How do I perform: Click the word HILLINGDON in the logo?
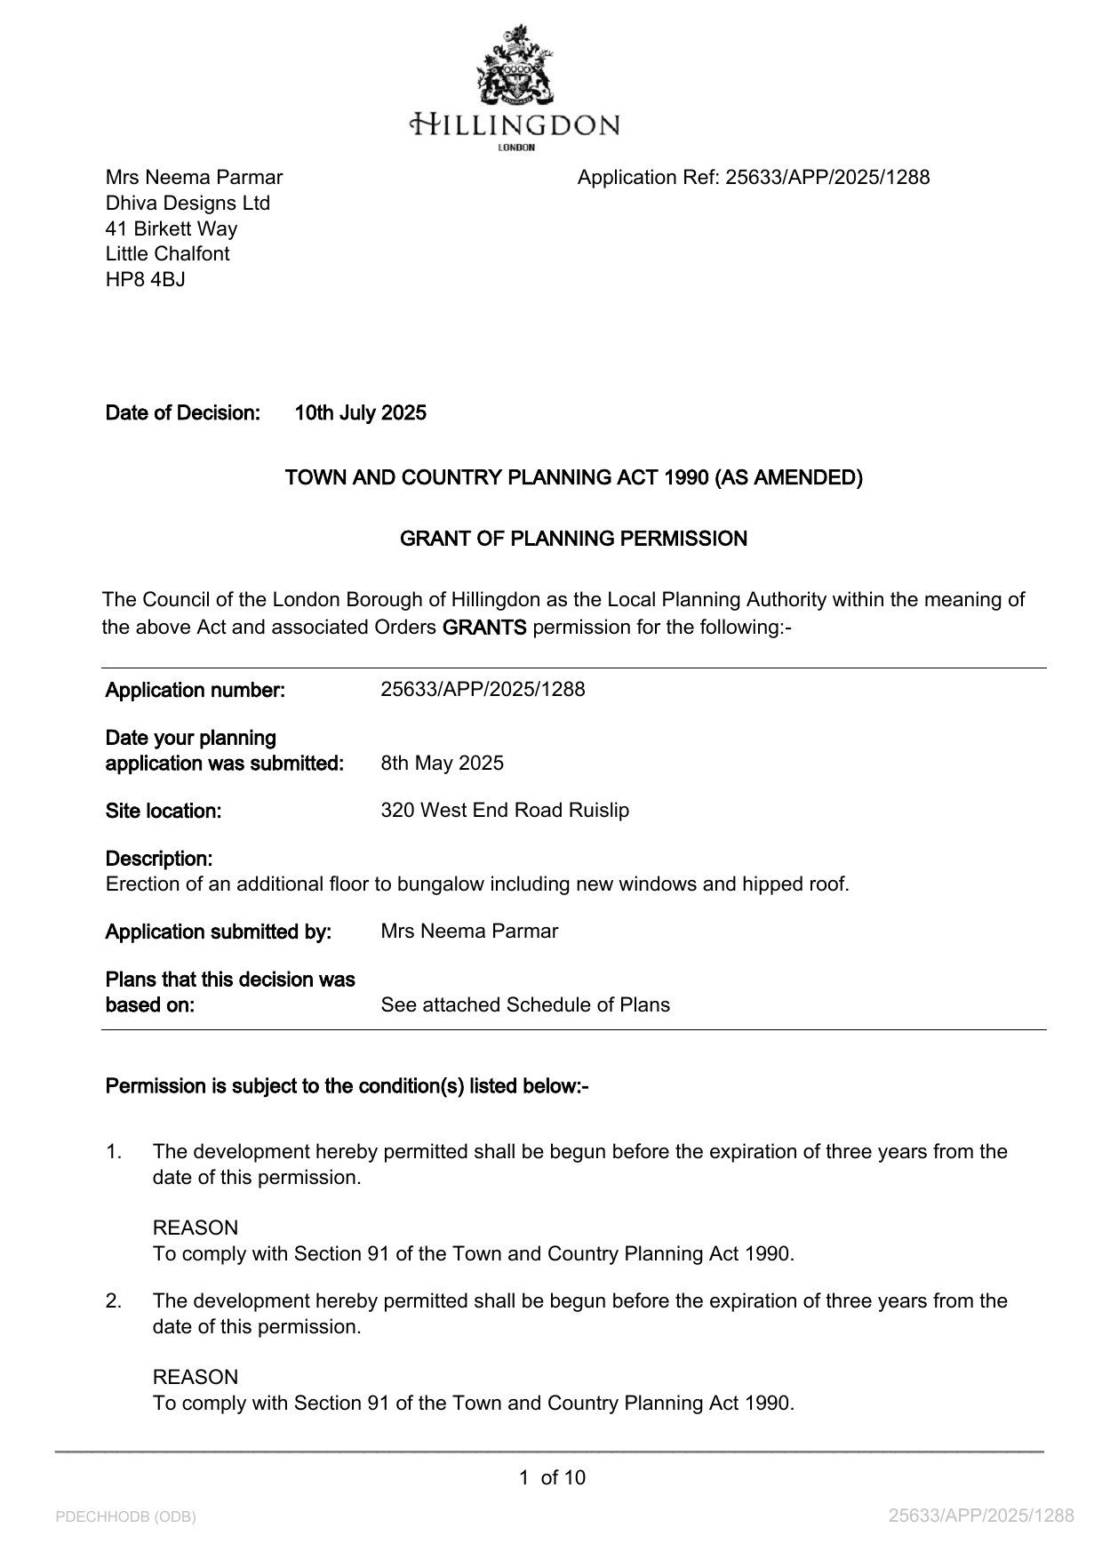515,124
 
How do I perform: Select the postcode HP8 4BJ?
146,279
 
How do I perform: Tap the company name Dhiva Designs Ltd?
188,203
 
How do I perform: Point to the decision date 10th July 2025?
360,412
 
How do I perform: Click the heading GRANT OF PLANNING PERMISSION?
573,539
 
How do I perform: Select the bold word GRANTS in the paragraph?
484,628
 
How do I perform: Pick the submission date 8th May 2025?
442,763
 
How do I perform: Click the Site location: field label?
163,811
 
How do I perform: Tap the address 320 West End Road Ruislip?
505,811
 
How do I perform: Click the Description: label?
158,859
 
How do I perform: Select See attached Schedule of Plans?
525,1004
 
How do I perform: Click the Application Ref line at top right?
753,177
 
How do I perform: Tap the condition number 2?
113,1301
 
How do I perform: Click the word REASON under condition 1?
196,1228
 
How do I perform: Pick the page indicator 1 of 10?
552,1477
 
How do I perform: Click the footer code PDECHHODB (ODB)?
125,1516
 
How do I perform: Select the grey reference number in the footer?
981,1516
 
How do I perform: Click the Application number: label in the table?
195,690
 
